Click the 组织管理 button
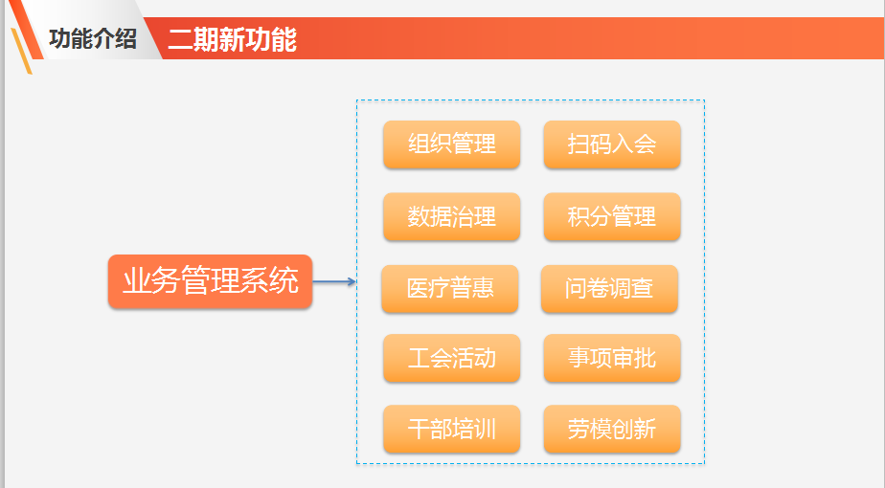451,144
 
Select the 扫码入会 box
612,144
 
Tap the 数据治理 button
451,216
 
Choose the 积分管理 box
612,216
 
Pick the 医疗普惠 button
450,289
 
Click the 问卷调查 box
609,289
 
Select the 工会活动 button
451,358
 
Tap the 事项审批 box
612,358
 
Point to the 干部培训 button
451,429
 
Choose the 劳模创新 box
612,429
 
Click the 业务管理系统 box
210,281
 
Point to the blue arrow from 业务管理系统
334,281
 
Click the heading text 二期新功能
233,39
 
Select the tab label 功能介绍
93,39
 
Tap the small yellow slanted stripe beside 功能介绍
21,51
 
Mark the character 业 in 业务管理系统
137,280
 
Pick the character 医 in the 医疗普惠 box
418,288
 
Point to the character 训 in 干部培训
486,429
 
